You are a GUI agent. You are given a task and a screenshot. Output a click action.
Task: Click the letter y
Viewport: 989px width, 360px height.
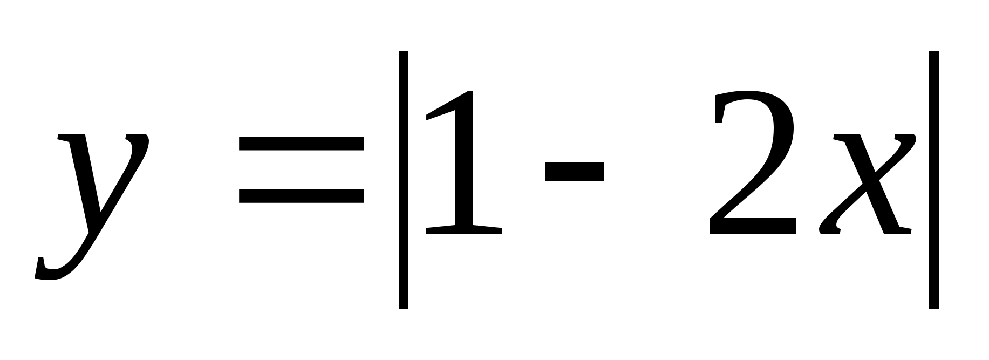click(94, 200)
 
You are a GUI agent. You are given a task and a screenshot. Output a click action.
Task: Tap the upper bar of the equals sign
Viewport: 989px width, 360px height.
click(302, 143)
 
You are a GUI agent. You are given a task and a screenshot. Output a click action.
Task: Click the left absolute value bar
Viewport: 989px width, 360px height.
click(404, 180)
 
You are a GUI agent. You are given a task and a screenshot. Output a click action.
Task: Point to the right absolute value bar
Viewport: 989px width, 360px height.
click(934, 180)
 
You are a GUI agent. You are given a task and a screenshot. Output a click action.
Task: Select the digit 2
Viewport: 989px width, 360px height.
click(753, 162)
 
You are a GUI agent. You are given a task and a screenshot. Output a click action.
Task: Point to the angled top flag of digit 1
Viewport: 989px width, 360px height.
click(442, 108)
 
